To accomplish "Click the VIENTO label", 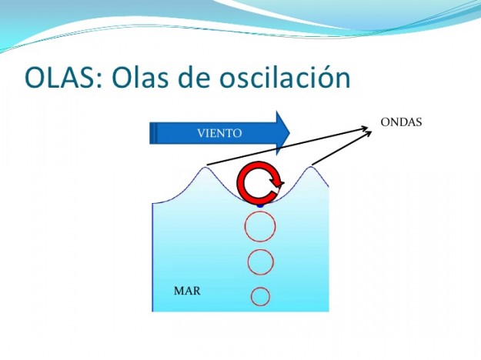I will (x=219, y=133).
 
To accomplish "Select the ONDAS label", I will (x=401, y=122).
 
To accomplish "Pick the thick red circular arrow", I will (x=259, y=183).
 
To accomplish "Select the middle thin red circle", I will (x=260, y=262).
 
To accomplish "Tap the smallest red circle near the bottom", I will (x=261, y=295).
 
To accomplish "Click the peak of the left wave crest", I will (x=205, y=165).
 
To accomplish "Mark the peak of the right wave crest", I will (x=312, y=165).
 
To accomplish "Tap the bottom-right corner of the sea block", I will (x=328, y=311).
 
